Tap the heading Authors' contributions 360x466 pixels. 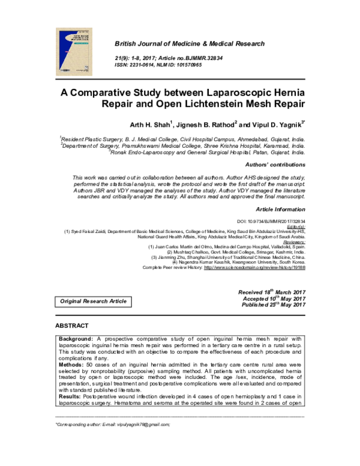coord(275,164)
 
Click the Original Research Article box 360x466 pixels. coord(92,300)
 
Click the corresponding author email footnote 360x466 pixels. coord(113,424)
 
